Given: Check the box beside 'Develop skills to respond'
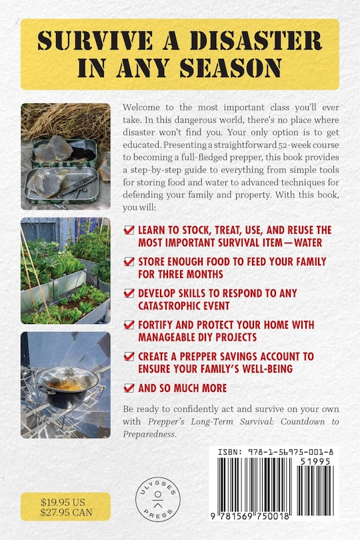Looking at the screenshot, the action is (129, 293).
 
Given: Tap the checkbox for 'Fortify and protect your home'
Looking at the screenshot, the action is (129, 325).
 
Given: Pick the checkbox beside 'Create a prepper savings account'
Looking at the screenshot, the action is (129, 356).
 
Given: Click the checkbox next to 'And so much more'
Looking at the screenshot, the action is (129, 387).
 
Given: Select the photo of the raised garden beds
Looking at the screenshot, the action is (65, 270).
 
